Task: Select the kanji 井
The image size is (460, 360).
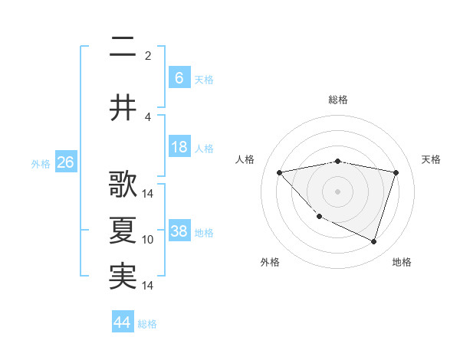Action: click(x=123, y=108)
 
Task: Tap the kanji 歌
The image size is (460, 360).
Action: click(x=123, y=185)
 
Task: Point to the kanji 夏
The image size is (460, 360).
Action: click(x=123, y=231)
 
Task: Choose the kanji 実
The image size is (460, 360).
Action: click(x=123, y=277)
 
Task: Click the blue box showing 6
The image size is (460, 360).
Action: click(x=179, y=78)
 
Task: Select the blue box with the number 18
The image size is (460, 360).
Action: click(x=179, y=147)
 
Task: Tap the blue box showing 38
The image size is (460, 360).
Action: click(x=179, y=231)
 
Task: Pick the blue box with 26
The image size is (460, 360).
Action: click(x=65, y=162)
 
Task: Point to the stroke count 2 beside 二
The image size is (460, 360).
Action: click(x=148, y=55)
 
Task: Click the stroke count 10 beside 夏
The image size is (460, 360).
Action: click(x=148, y=240)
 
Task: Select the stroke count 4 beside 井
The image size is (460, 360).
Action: click(x=148, y=116)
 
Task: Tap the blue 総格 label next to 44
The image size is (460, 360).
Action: click(x=147, y=324)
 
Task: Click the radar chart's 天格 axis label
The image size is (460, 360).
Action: click(x=432, y=159)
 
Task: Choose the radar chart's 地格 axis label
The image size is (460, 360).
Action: click(x=402, y=262)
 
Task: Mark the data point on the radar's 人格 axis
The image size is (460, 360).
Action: click(x=280, y=172)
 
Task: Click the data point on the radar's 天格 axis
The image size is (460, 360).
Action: click(x=396, y=172)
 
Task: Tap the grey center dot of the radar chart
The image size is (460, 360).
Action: click(x=337, y=191)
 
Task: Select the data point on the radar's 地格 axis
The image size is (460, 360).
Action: click(x=373, y=241)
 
